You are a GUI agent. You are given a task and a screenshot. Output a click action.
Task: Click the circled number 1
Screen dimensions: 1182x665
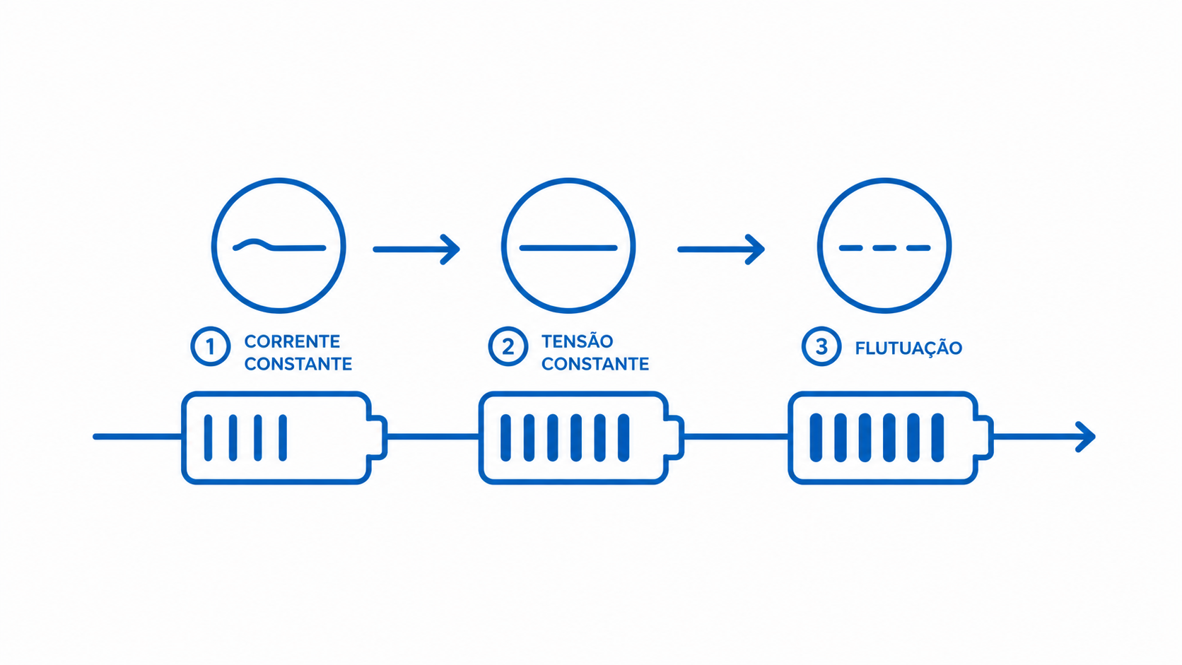pyautogui.click(x=211, y=346)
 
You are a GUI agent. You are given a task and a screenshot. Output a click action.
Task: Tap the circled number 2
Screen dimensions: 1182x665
pyautogui.click(x=508, y=346)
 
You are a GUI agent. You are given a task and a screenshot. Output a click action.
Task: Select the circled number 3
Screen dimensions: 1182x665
pyautogui.click(x=821, y=346)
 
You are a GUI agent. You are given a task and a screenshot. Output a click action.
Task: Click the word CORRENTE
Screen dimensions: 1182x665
pyautogui.click(x=293, y=342)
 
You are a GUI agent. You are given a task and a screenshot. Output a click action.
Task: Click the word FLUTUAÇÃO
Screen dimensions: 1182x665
pyautogui.click(x=908, y=348)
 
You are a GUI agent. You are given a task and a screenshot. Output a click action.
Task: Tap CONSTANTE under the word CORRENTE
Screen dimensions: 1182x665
pyautogui.click(x=298, y=364)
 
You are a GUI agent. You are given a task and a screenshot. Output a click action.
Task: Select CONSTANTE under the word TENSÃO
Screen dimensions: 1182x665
pyautogui.click(x=595, y=364)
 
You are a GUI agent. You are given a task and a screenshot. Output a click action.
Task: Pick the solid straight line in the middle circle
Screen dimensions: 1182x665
pyautogui.click(x=568, y=248)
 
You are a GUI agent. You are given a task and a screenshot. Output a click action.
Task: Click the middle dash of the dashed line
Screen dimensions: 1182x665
pyautogui.click(x=884, y=248)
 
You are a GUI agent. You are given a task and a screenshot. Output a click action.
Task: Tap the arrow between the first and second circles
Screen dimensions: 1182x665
pyautogui.click(x=416, y=249)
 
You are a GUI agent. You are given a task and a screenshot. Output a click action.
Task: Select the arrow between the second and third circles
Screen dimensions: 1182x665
pyautogui.click(x=721, y=249)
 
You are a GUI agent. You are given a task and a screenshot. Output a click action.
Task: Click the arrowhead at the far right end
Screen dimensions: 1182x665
pyautogui.click(x=1086, y=437)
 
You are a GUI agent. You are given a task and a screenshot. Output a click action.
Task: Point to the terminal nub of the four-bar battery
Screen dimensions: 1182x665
pyautogui.click(x=378, y=437)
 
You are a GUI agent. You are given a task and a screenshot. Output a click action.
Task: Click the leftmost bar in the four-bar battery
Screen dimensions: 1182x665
pyautogui.click(x=209, y=437)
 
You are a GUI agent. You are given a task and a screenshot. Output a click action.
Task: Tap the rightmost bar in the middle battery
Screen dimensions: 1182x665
pyautogui.click(x=624, y=437)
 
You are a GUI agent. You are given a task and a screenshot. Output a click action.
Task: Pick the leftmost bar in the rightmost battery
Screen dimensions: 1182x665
pyautogui.click(x=816, y=437)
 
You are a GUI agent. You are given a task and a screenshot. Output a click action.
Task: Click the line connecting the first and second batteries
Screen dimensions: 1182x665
pyautogui.click(x=433, y=437)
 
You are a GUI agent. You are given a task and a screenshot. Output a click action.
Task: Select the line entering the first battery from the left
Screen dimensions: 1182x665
pyautogui.click(x=139, y=437)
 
